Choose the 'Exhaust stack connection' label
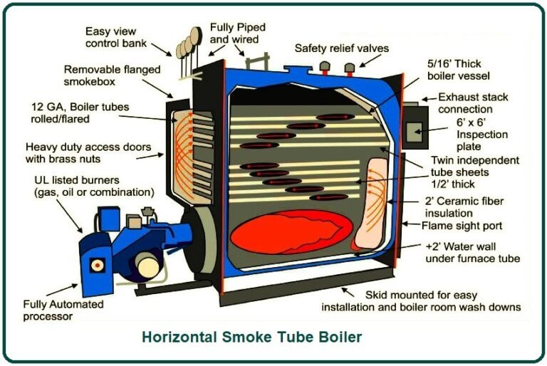(474, 103)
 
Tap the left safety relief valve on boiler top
(324, 67)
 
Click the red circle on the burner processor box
(98, 265)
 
